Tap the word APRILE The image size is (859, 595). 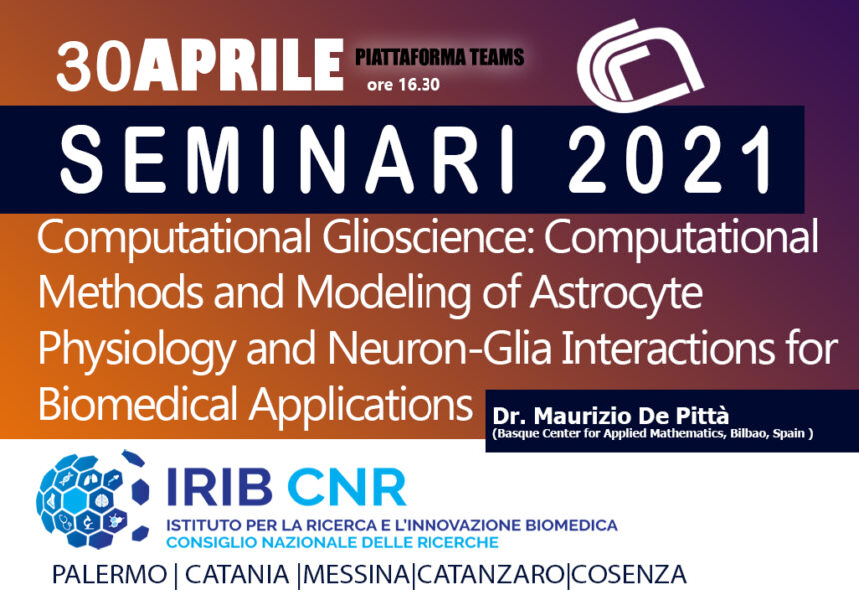tap(239, 65)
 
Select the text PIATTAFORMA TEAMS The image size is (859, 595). tap(439, 57)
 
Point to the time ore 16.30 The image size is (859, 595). tap(404, 84)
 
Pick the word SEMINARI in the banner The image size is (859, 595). tap(287, 159)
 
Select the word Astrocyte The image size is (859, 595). tap(616, 292)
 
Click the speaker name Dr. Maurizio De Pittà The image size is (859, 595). tap(611, 416)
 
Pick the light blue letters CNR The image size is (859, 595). tap(346, 486)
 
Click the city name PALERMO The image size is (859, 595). tap(109, 575)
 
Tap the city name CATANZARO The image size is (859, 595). tap(490, 575)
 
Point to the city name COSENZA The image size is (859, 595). tap(628, 575)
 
